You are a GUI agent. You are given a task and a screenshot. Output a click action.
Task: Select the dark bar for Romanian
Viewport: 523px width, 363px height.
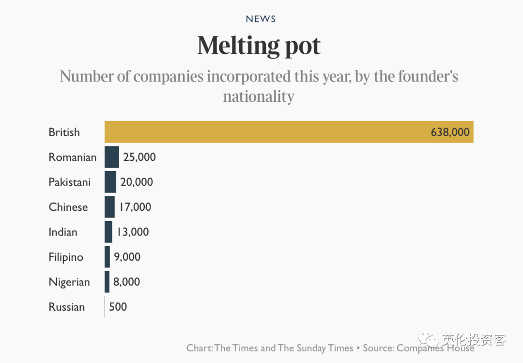[x=111, y=157]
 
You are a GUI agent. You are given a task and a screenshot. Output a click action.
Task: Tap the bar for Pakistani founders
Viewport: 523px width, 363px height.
[x=110, y=182]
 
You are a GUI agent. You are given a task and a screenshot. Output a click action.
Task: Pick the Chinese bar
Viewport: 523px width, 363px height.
[x=109, y=207]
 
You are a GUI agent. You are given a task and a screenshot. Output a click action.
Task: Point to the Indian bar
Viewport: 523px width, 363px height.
[x=108, y=232]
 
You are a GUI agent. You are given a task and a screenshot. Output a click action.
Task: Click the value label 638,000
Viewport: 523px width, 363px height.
[x=450, y=132]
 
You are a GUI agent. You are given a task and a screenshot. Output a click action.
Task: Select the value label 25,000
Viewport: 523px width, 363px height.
[x=139, y=157]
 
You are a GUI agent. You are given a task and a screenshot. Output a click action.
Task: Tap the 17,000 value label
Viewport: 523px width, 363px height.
[x=135, y=207]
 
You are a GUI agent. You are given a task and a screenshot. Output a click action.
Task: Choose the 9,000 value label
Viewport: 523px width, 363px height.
[x=127, y=257]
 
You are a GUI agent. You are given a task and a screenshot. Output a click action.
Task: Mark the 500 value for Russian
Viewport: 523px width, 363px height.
[x=118, y=307]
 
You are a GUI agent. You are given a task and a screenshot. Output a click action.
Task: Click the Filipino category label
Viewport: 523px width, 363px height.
[x=66, y=257]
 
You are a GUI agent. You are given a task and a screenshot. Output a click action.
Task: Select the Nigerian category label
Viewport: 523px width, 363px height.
[x=69, y=282]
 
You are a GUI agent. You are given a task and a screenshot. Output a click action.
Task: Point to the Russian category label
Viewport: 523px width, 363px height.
[x=67, y=307]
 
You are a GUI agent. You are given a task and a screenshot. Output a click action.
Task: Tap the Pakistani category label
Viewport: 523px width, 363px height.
[x=70, y=182]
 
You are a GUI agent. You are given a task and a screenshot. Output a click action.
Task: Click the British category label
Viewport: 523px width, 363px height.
[x=64, y=132]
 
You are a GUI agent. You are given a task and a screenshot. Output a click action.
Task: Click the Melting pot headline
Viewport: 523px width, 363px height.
[x=259, y=46]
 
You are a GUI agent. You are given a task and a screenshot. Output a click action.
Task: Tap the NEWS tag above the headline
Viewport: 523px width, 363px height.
[x=261, y=19]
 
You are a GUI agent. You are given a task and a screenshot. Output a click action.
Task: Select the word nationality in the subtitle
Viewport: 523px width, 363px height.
[x=259, y=96]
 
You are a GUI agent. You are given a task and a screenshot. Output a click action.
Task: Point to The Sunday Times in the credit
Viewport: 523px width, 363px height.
[x=315, y=348]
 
